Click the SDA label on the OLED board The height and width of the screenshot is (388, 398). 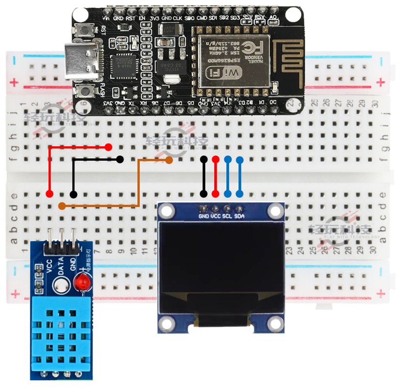(239, 216)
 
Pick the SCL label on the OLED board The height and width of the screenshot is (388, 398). (227, 216)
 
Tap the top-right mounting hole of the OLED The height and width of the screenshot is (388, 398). (276, 210)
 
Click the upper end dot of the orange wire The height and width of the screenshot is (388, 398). (169, 160)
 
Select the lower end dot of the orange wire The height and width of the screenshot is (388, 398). (61, 206)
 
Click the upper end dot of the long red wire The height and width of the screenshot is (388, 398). (108, 147)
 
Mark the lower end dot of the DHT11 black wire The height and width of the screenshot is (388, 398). (73, 194)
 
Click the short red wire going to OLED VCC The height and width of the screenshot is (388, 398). (216, 177)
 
